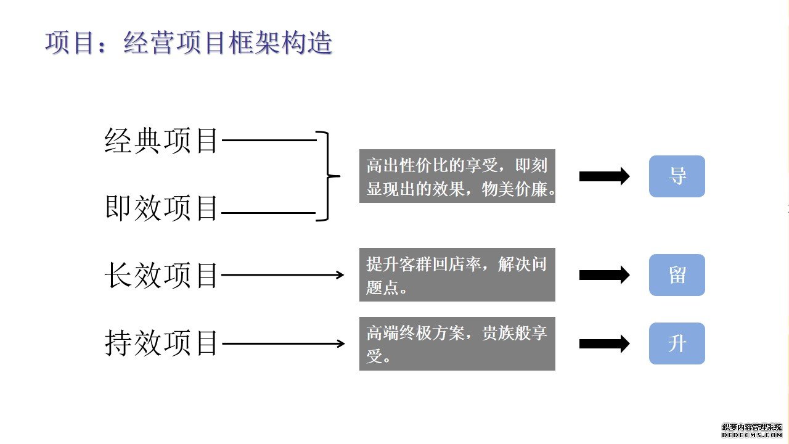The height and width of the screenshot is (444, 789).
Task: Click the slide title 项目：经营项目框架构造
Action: coord(189,43)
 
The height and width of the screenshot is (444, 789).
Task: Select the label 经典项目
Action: coord(161,141)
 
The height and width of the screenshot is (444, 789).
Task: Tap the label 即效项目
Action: coord(161,208)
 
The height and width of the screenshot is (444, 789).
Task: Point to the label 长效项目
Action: coord(161,275)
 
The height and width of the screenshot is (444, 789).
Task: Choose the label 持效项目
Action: coord(161,343)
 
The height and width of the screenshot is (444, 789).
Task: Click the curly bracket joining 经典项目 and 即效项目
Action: coord(329,176)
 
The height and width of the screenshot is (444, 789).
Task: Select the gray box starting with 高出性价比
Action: coord(457,176)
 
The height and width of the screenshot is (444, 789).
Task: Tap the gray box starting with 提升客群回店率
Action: coord(457,274)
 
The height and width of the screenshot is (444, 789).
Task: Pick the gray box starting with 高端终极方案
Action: coord(457,343)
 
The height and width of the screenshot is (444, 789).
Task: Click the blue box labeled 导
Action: coord(677,176)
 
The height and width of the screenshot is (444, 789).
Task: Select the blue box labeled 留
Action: coord(677,275)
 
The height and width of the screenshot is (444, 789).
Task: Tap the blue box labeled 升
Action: coord(677,343)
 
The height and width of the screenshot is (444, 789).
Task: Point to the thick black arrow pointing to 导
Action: coord(605,176)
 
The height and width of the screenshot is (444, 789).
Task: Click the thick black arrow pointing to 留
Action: coord(605,275)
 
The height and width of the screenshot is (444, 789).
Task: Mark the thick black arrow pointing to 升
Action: coord(605,343)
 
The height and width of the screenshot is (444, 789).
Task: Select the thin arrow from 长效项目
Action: coord(282,275)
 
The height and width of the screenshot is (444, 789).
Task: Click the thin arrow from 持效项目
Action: coord(283,343)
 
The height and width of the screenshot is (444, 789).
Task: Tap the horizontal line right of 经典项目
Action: coord(269,140)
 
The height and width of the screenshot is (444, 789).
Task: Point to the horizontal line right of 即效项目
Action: coord(268,213)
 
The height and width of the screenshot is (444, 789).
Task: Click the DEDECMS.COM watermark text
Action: coord(751,435)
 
